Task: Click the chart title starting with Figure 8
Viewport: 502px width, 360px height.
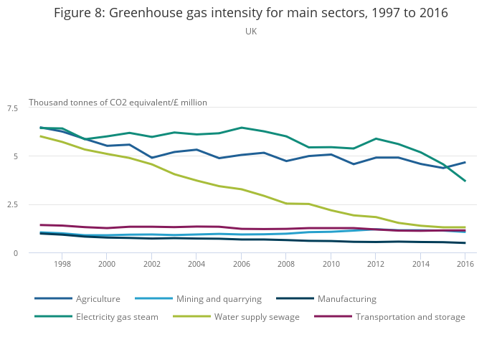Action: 250,13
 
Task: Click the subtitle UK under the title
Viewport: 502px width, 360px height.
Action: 250,32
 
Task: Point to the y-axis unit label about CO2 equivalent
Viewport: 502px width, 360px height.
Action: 118,103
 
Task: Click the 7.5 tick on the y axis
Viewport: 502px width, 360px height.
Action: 12,108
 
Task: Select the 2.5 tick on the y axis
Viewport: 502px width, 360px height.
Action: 12,205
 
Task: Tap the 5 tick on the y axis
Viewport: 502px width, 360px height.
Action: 15,156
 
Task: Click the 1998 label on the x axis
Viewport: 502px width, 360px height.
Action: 62,264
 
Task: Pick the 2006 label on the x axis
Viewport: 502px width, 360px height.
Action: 241,264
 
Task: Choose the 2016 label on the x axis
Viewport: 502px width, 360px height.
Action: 465,264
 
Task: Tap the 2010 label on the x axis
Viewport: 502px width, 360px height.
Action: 331,264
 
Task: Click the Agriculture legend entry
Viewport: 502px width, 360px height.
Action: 98,298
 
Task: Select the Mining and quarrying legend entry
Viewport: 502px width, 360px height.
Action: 219,298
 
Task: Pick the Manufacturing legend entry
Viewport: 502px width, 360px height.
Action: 346,298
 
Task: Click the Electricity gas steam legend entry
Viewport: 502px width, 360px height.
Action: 117,317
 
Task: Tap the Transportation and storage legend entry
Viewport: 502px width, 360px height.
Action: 410,317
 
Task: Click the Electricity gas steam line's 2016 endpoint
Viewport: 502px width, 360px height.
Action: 465,181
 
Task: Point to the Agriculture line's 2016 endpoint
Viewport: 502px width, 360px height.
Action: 465,162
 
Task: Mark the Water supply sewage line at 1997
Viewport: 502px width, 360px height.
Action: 40,136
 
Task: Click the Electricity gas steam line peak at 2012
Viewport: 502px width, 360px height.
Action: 375,138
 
